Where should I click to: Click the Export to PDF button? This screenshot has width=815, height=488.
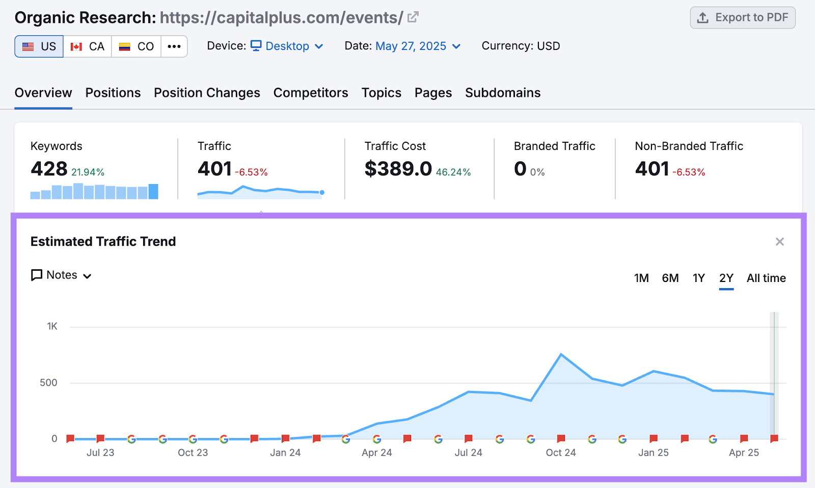tap(743, 18)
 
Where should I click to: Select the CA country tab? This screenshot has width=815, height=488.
tap(88, 46)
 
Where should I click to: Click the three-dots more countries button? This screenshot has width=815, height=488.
tap(174, 46)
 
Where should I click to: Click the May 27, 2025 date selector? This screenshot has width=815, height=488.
tap(418, 46)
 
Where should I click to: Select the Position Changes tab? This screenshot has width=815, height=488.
tap(207, 93)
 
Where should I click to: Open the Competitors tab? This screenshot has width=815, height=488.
tap(311, 93)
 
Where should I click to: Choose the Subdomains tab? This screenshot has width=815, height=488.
tap(503, 93)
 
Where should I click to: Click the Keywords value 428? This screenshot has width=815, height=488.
tap(49, 169)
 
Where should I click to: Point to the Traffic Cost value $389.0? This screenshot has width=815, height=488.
tap(398, 169)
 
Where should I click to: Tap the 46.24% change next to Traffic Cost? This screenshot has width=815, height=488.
tap(453, 172)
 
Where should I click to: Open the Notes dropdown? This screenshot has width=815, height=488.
tap(62, 275)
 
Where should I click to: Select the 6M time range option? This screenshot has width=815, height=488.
tap(670, 278)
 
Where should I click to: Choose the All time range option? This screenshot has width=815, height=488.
tap(766, 278)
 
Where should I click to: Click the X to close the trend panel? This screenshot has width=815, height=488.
tap(779, 242)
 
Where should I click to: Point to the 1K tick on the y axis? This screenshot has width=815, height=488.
tap(52, 326)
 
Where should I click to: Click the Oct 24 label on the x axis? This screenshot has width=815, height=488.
tap(561, 453)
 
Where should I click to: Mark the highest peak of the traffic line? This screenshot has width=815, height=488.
tap(561, 354)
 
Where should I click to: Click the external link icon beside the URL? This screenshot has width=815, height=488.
tap(413, 17)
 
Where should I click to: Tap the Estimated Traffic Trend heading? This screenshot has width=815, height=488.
tap(103, 242)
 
